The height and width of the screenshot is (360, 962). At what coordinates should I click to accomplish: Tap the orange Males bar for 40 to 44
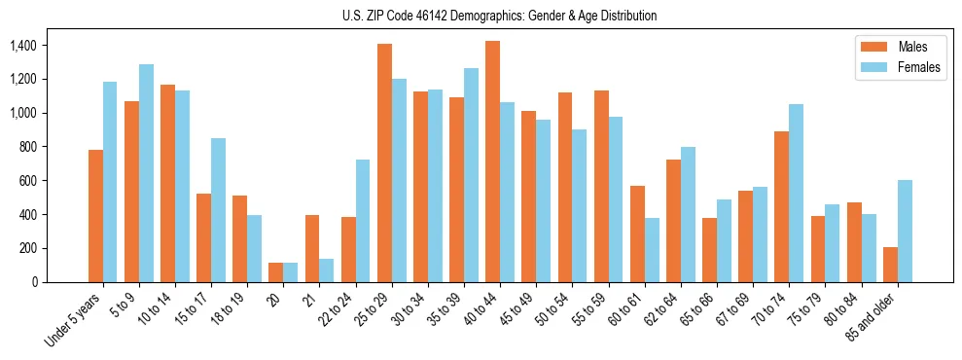click(492, 162)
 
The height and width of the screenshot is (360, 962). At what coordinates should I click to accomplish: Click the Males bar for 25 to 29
click(384, 162)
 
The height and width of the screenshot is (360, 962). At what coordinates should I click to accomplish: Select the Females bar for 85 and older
click(905, 231)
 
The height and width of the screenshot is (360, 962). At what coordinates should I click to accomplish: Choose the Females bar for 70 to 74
click(797, 193)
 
